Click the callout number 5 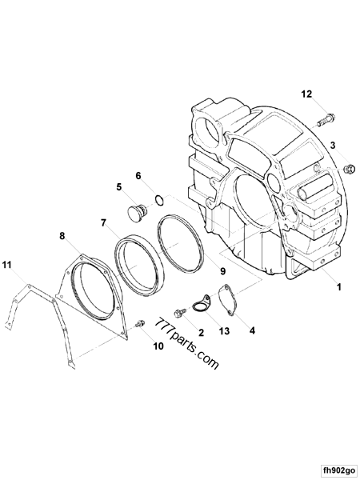point(120,187)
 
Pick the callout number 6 point(138,176)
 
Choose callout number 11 point(7,265)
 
